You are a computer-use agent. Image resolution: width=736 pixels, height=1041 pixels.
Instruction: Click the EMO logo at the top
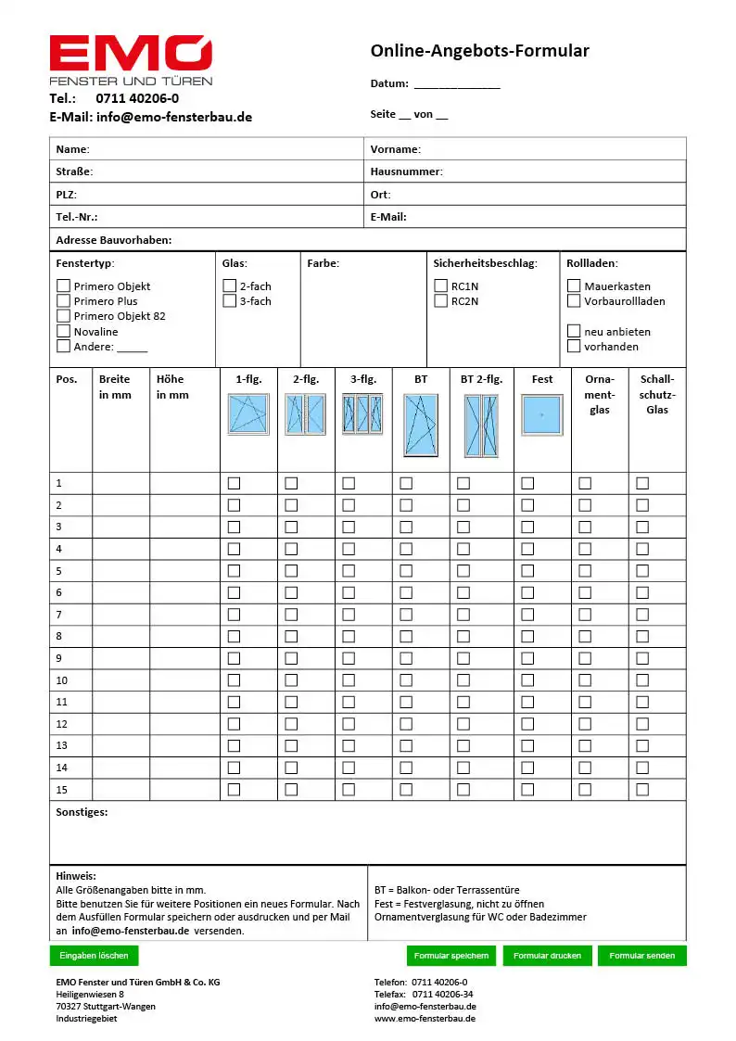point(131,60)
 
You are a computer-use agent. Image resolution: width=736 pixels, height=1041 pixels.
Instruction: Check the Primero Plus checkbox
point(64,301)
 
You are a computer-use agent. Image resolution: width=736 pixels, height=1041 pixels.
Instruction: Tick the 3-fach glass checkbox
point(230,301)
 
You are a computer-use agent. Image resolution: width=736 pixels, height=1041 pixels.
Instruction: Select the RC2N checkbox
point(441,301)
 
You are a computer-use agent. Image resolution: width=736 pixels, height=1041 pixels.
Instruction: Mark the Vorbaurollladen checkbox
point(575,301)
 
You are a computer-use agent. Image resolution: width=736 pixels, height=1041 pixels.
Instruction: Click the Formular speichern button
point(451,956)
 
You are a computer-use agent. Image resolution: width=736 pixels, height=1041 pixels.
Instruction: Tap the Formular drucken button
point(547,956)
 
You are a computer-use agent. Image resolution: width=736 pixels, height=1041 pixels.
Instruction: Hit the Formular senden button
point(641,956)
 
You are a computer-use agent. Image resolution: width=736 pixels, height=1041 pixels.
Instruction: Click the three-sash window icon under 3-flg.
point(362,414)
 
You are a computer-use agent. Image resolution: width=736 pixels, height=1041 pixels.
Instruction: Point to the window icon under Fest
point(542,414)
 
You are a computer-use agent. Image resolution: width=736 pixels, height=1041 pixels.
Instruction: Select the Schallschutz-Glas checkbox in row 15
point(642,790)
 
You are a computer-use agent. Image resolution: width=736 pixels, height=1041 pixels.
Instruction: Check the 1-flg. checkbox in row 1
point(234,483)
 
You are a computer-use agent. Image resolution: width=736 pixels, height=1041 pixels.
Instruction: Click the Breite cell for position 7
point(121,615)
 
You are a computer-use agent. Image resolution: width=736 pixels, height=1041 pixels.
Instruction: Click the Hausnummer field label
point(406,171)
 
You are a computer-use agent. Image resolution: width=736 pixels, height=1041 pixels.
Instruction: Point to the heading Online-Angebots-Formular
point(479,51)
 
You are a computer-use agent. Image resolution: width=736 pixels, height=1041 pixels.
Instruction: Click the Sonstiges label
point(82,812)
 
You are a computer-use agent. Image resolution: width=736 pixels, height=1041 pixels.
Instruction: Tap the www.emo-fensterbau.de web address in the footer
point(425,1019)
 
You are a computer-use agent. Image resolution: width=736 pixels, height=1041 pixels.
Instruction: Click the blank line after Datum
point(457,84)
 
